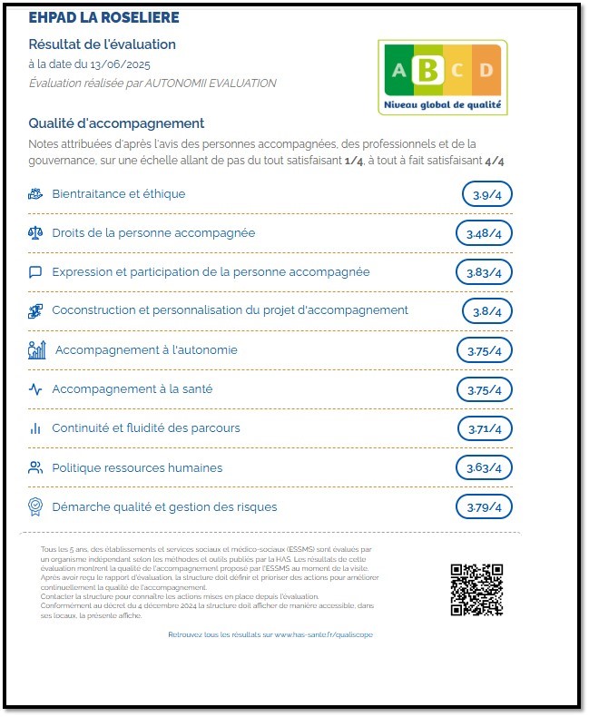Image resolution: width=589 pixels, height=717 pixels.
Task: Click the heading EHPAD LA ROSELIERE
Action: click(103, 18)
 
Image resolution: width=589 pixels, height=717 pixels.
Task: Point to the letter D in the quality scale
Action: click(486, 71)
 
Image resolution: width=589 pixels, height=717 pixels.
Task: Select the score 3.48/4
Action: click(484, 233)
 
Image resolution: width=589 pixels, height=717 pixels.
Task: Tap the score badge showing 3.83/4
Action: click(484, 272)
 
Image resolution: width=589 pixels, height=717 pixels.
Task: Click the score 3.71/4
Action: click(484, 428)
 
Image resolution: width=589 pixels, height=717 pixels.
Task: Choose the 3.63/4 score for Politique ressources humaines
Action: click(484, 467)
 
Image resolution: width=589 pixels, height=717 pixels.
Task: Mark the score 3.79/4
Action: click(484, 506)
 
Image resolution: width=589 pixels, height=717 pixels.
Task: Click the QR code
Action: click(476, 590)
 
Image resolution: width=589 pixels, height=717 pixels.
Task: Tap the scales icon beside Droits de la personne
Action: click(35, 233)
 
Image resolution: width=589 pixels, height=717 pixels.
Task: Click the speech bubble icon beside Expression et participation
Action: click(35, 272)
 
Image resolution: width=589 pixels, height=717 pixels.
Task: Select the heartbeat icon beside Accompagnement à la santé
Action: click(35, 389)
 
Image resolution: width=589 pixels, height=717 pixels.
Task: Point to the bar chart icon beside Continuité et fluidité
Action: click(35, 428)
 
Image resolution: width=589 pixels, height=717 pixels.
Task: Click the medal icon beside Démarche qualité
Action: click(35, 506)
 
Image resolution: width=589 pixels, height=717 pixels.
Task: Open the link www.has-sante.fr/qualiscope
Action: click(323, 634)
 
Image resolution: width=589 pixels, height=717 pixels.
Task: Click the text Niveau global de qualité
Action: click(442, 105)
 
